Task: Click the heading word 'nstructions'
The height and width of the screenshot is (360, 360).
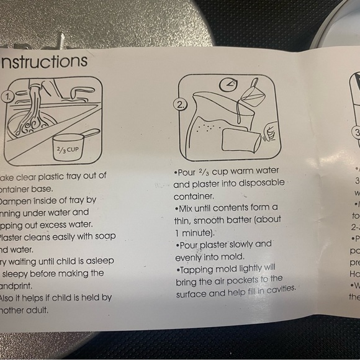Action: pos(45,61)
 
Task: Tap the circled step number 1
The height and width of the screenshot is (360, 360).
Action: pos(8,97)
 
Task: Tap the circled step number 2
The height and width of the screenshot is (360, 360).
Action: pos(180,105)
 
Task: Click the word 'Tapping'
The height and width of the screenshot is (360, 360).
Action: pos(197,269)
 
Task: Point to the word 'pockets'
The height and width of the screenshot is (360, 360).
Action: pos(251,280)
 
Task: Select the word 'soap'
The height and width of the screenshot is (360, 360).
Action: pos(100,236)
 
